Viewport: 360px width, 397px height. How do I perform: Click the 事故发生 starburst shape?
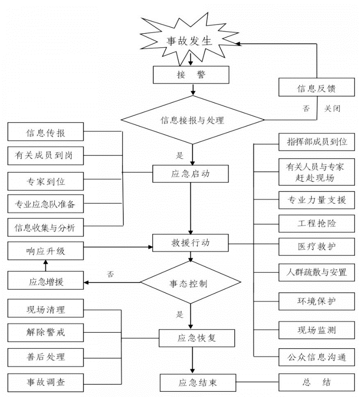[190, 41]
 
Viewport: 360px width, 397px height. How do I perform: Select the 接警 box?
[191, 74]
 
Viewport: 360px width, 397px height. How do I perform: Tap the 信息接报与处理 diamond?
[192, 120]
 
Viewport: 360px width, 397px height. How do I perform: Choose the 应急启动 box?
[191, 174]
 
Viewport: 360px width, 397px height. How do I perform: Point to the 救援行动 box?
[191, 244]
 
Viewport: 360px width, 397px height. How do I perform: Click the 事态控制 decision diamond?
[191, 283]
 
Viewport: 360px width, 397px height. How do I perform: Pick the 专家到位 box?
[45, 180]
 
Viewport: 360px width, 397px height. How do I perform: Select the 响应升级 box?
[45, 252]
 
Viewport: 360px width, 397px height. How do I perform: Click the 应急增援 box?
[45, 282]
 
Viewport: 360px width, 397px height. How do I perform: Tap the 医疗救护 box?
[317, 245]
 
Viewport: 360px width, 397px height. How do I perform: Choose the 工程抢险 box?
[317, 223]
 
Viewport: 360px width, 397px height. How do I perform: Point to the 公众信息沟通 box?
[317, 358]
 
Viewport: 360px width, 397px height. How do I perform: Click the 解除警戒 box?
[45, 332]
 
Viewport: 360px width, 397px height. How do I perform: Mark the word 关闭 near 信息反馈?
[332, 108]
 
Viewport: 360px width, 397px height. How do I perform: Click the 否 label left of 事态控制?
[111, 274]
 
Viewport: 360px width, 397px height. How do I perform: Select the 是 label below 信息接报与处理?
[180, 155]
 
